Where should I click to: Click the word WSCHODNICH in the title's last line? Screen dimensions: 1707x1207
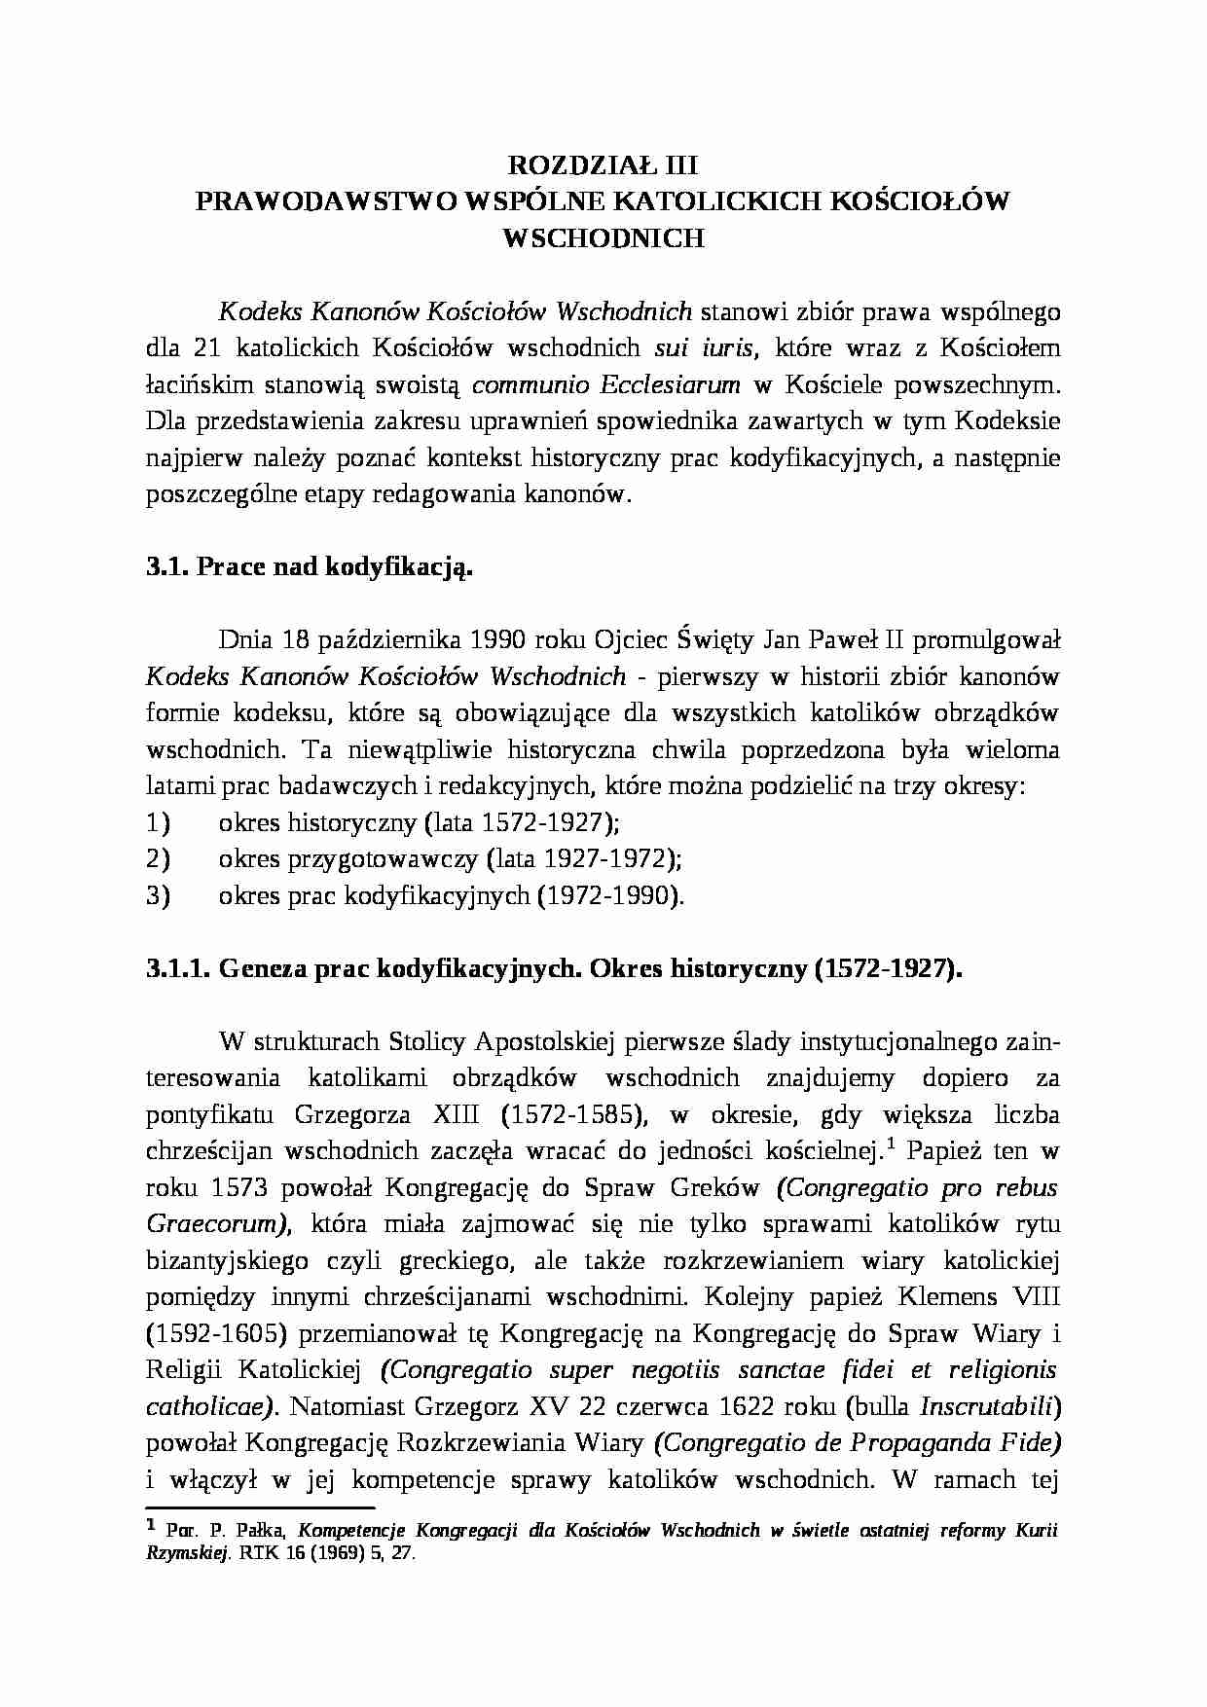click(603, 237)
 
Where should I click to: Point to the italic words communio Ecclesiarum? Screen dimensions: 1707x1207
click(605, 384)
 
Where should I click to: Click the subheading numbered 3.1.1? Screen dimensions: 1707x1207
click(178, 969)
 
